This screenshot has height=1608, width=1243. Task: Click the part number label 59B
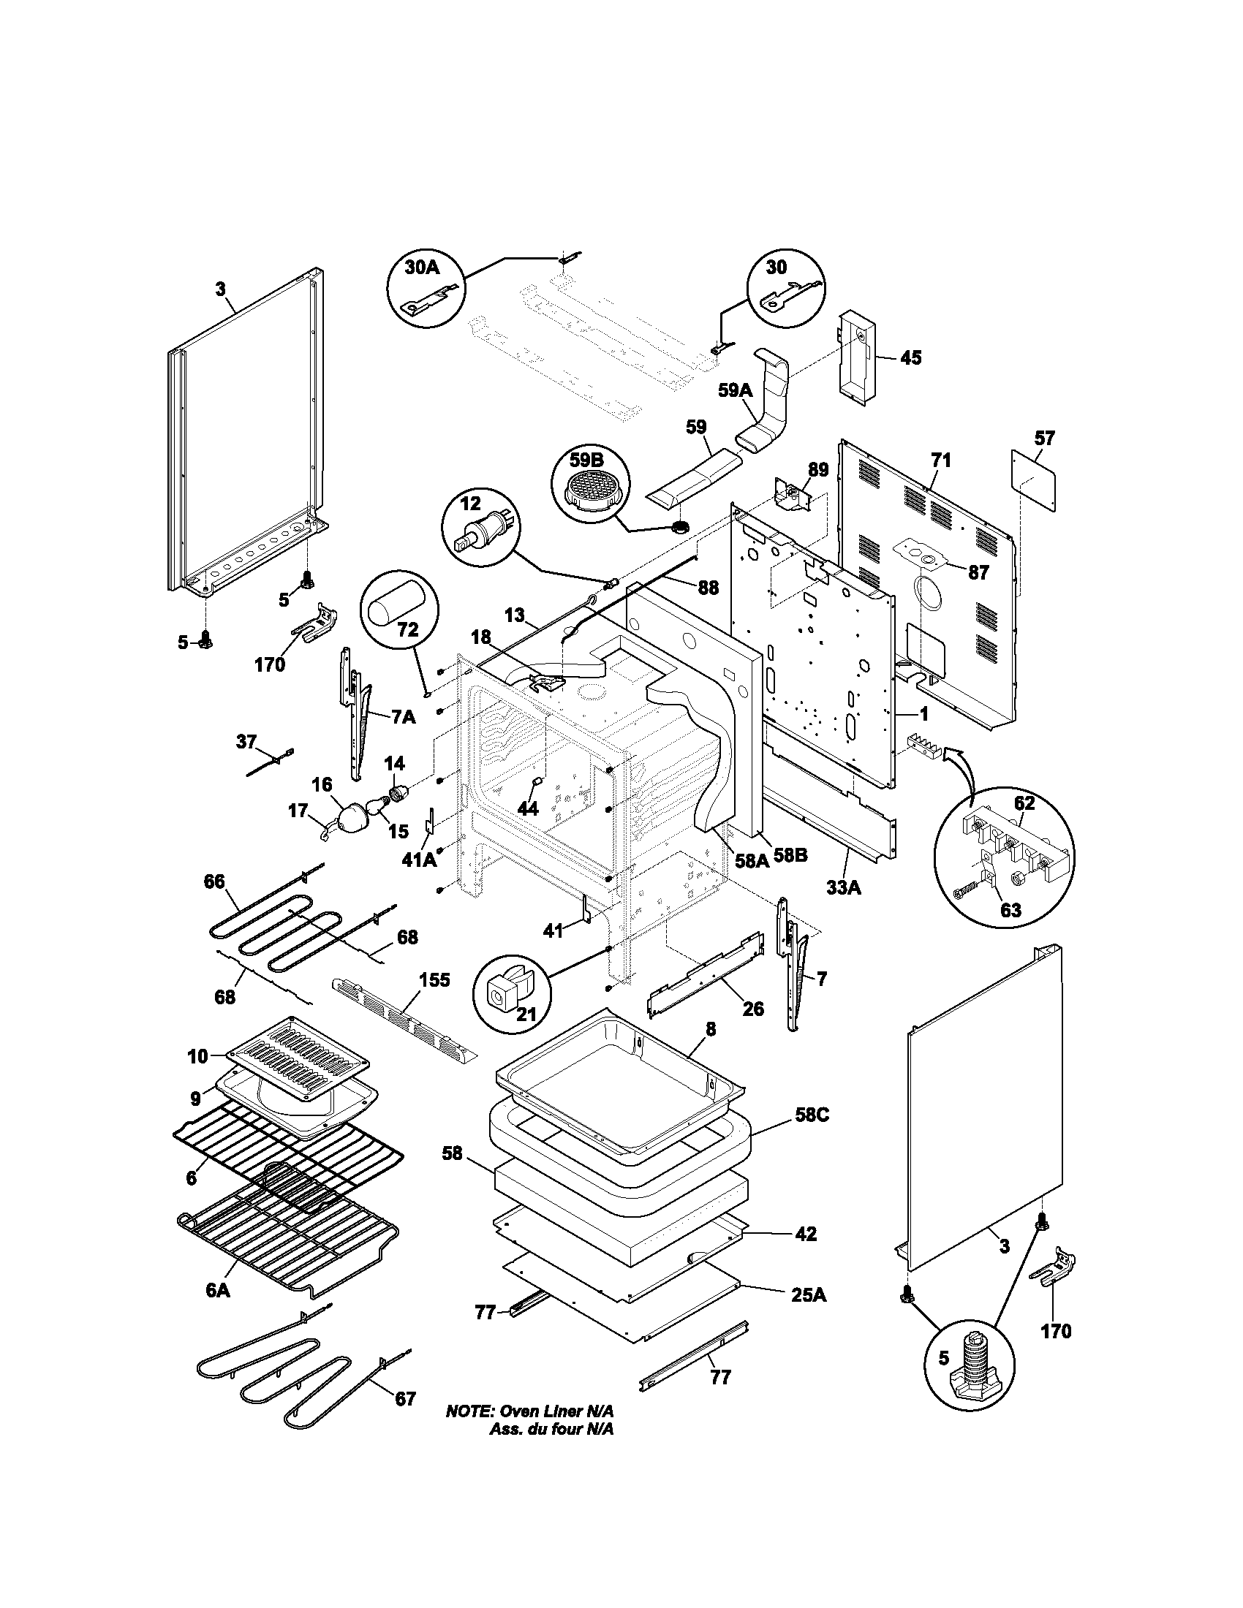[x=586, y=461]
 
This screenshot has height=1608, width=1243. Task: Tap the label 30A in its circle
[x=422, y=268]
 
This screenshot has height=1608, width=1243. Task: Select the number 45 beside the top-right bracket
[x=910, y=358]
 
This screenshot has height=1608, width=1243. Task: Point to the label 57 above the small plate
[x=1044, y=438]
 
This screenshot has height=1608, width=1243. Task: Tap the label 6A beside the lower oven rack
[x=218, y=1291]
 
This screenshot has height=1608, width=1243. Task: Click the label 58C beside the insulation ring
[x=812, y=1115]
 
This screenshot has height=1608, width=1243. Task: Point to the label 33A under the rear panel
[x=843, y=888]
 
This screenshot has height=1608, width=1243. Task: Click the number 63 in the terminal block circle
[x=1010, y=910]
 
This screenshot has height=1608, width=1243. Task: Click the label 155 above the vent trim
[x=434, y=980]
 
